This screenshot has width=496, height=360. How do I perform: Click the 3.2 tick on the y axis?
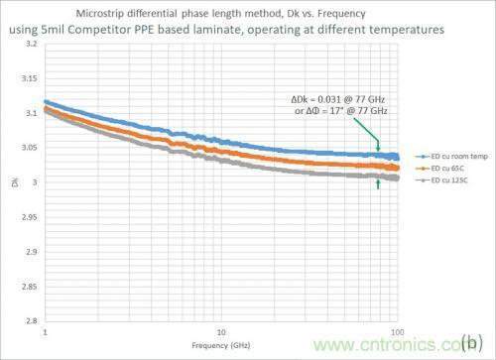tap(31, 46)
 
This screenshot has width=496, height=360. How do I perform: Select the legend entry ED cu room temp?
tap(442, 157)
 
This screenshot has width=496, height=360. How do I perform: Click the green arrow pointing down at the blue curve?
tap(377, 145)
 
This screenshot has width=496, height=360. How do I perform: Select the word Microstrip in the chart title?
tap(102, 17)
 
